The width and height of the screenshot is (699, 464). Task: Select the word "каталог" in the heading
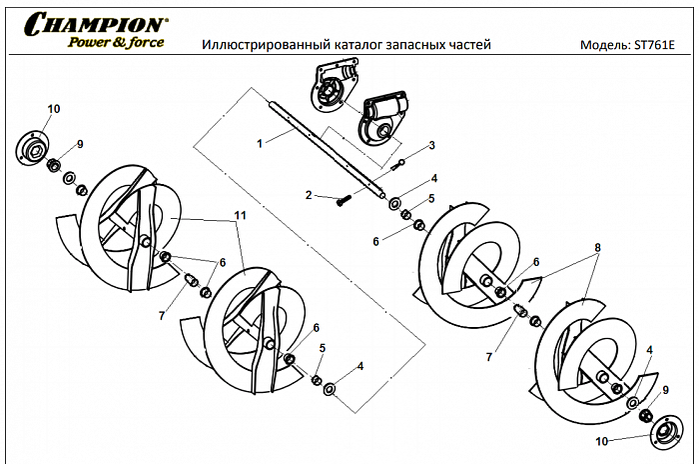pos(352,45)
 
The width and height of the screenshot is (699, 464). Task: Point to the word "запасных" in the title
pos(417,45)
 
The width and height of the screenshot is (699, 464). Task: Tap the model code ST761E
pos(661,46)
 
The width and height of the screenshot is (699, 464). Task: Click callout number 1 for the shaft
pos(260,144)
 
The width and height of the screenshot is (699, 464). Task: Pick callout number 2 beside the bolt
pos(310,195)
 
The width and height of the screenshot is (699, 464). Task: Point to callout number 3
pos(432,145)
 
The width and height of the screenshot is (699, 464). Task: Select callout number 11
pos(241,215)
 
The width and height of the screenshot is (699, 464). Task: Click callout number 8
pos(597,245)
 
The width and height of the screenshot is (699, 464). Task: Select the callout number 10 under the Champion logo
pos(53,107)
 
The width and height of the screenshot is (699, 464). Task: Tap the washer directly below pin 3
pos(397,198)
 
